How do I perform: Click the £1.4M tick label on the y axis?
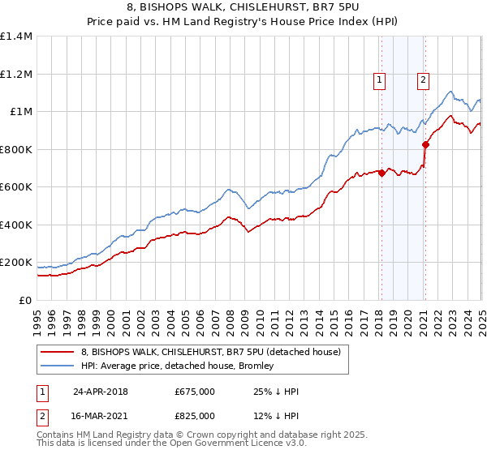click(x=16, y=36)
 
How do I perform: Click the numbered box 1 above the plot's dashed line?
click(x=380, y=79)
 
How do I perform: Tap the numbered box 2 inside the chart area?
click(x=424, y=79)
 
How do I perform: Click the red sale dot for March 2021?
click(x=425, y=145)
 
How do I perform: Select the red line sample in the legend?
click(x=58, y=352)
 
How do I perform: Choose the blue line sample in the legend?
click(x=58, y=366)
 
